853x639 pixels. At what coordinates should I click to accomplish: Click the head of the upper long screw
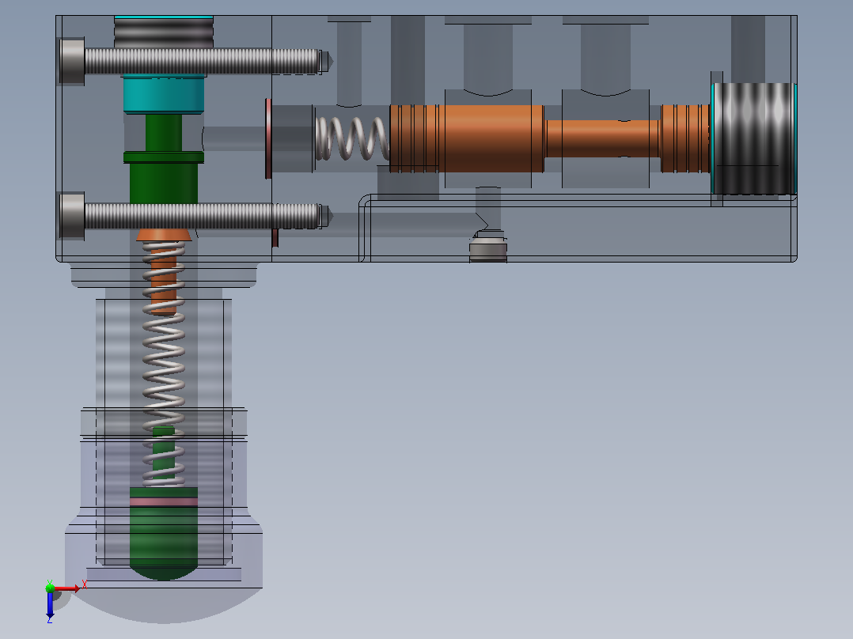point(72,61)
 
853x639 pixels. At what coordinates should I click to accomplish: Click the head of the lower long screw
point(72,216)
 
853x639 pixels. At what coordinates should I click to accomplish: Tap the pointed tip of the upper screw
point(332,62)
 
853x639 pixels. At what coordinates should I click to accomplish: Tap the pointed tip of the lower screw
point(332,217)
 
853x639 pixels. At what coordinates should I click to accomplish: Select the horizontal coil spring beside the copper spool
point(353,138)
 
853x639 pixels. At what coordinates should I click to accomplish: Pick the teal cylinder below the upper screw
point(164,93)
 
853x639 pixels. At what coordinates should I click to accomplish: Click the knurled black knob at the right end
point(754,138)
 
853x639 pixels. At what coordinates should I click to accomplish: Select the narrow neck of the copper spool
point(603,138)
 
